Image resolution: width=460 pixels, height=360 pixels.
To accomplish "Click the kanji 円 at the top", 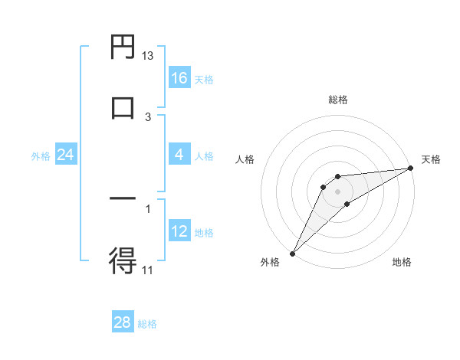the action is (x=123, y=47).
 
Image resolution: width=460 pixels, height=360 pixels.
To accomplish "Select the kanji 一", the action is (x=123, y=199).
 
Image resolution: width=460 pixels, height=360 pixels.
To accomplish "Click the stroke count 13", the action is (x=148, y=56).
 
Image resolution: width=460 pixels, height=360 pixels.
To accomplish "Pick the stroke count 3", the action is (x=148, y=116).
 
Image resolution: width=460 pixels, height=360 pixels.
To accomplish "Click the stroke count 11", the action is (x=148, y=269).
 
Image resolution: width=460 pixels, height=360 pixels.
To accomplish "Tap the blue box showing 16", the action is (x=179, y=78).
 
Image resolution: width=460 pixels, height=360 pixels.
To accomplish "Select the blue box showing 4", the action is (x=179, y=155).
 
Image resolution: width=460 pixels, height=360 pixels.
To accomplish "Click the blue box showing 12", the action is (x=179, y=231).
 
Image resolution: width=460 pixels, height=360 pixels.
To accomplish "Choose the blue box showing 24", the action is (x=65, y=155).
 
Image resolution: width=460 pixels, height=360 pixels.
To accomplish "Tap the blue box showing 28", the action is (x=123, y=322).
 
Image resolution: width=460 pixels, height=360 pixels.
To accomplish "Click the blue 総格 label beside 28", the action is (x=147, y=324).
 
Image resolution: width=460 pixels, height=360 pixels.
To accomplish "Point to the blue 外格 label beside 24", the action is (x=41, y=156).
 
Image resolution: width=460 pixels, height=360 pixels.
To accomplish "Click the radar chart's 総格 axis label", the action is (x=338, y=100).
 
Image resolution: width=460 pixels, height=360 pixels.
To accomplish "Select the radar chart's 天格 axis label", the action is (x=432, y=159).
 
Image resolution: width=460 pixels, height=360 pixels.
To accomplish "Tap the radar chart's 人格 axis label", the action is (x=245, y=159).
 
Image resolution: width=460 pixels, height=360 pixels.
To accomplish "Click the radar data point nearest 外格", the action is (x=292, y=254).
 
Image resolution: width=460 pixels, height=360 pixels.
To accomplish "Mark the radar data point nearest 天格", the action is (x=412, y=168).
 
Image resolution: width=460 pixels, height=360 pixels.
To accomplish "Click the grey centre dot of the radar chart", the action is (x=338, y=191).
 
